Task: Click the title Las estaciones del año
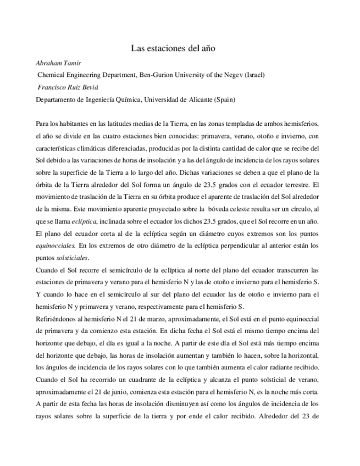(180, 48)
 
